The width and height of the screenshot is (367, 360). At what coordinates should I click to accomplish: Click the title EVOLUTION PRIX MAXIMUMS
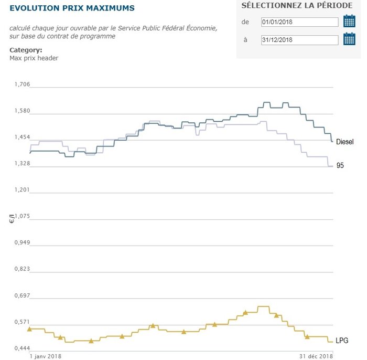pyautogui.click(x=72, y=8)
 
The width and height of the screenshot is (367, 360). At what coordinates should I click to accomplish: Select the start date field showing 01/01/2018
pyautogui.click(x=299, y=22)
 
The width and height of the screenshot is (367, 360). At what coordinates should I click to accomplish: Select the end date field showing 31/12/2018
pyautogui.click(x=299, y=40)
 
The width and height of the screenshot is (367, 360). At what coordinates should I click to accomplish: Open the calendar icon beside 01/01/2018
pyautogui.click(x=349, y=22)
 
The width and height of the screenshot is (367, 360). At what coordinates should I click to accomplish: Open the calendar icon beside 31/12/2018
pyautogui.click(x=349, y=39)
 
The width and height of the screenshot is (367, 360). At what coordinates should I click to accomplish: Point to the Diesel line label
pyautogui.click(x=345, y=142)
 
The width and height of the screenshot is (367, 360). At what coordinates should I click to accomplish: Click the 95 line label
pyautogui.click(x=340, y=166)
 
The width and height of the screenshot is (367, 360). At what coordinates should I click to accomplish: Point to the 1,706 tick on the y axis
pyautogui.click(x=21, y=84)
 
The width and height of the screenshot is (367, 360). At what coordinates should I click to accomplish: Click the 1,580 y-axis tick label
pyautogui.click(x=21, y=111)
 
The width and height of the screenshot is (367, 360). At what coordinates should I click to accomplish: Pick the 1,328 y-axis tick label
pyautogui.click(x=21, y=164)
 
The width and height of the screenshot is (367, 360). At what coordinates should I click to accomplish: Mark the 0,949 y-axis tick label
pyautogui.click(x=21, y=243)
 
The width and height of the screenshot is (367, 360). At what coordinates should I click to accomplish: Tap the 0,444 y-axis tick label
pyautogui.click(x=21, y=348)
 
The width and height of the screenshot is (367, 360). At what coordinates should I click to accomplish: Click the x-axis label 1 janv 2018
pyautogui.click(x=46, y=356)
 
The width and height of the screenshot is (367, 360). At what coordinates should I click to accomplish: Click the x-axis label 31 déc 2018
pyautogui.click(x=316, y=356)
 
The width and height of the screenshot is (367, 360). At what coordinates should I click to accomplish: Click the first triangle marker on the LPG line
pyautogui.click(x=29, y=329)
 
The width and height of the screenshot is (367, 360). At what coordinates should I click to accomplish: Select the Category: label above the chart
pyautogui.click(x=26, y=50)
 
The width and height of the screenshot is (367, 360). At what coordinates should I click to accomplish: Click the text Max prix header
pyautogui.click(x=34, y=58)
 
